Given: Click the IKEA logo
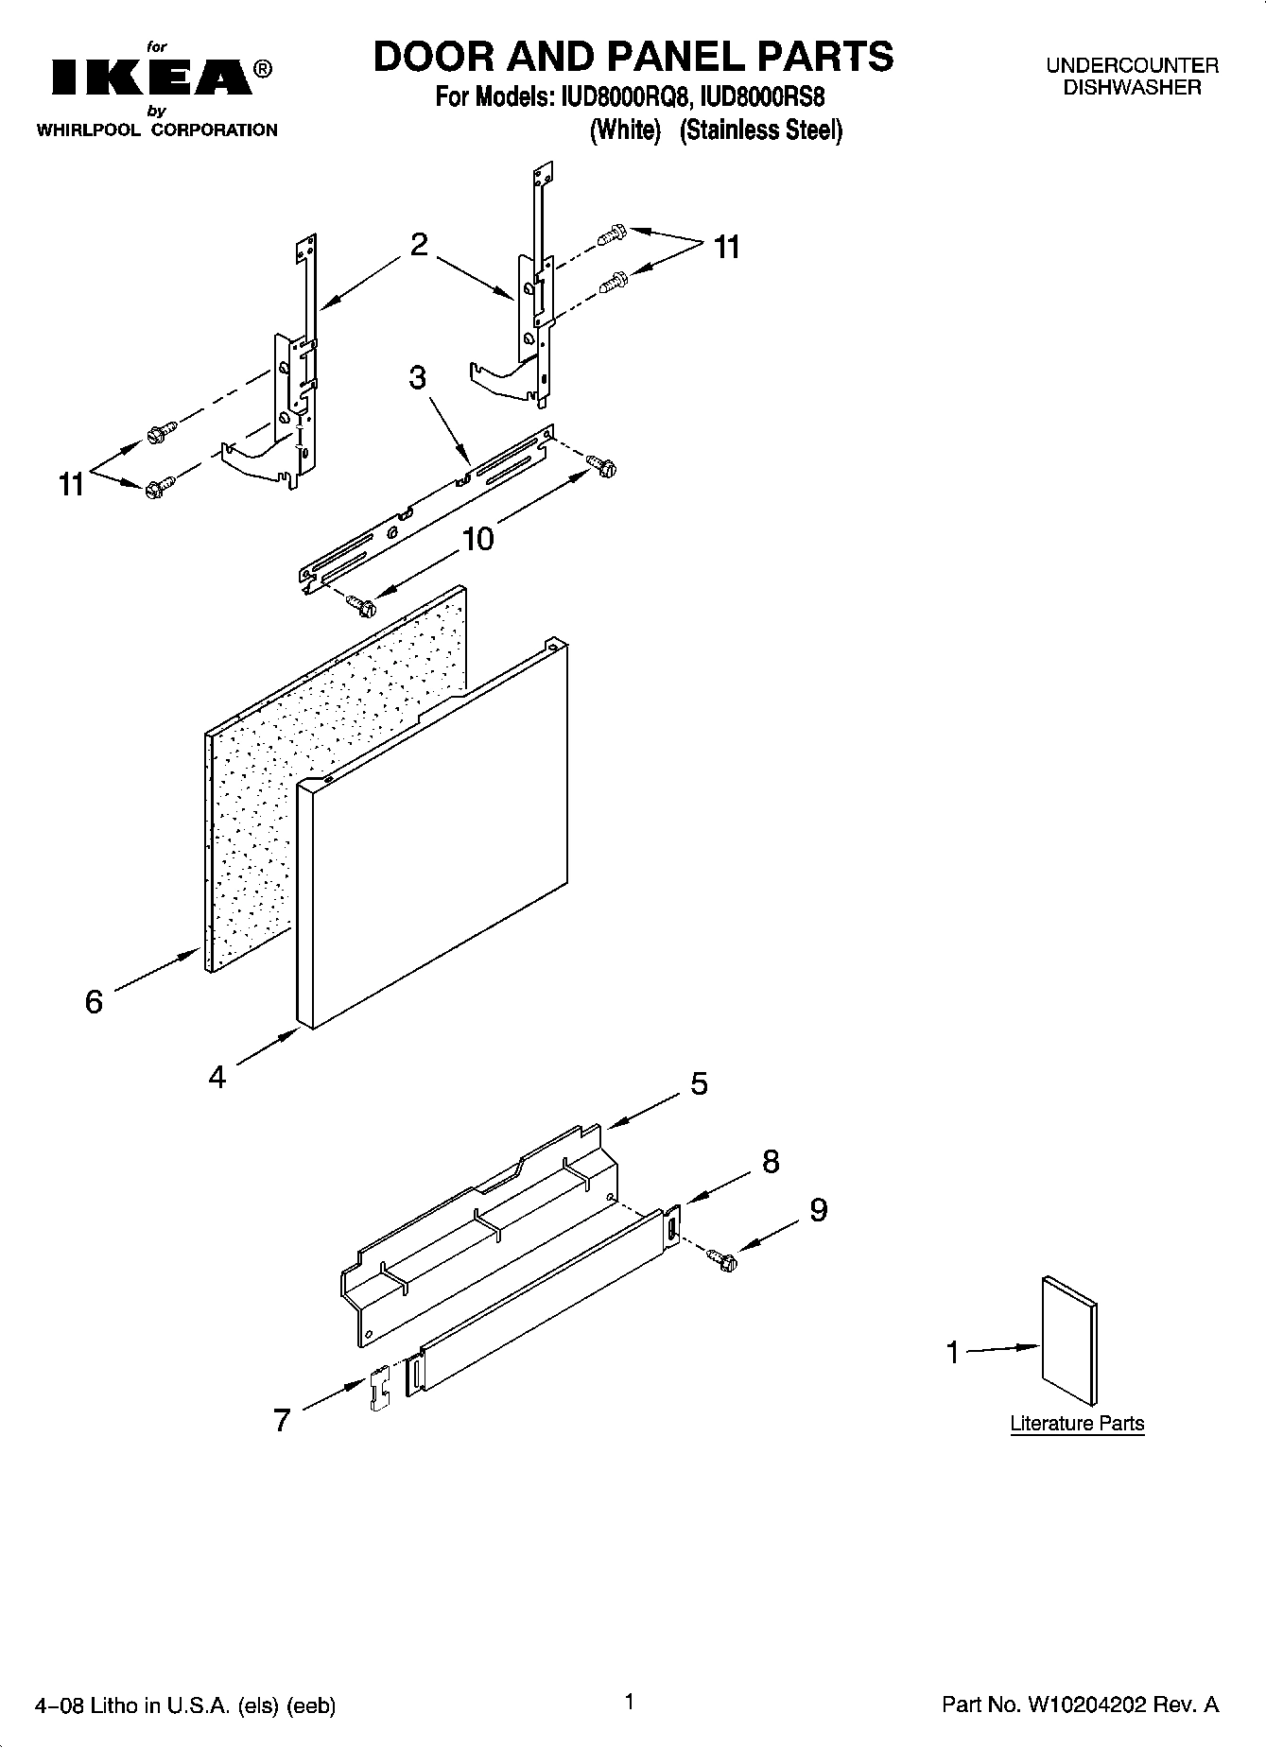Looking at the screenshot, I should [x=151, y=78].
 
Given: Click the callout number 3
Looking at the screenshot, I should [x=417, y=377].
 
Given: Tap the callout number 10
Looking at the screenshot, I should [x=477, y=540].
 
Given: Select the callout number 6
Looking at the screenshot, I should [x=94, y=1001].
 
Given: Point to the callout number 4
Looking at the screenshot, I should [x=217, y=1077].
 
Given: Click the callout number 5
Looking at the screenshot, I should [x=699, y=1083].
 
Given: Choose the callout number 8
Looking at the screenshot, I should [x=771, y=1162].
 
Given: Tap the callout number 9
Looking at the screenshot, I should [x=818, y=1210].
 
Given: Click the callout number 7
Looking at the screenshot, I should [x=281, y=1420].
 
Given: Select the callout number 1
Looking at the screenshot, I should [x=953, y=1353].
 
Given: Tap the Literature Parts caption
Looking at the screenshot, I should [x=1077, y=1424].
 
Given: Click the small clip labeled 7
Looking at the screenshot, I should [x=379, y=1389].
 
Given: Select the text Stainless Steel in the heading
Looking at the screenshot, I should [x=761, y=130].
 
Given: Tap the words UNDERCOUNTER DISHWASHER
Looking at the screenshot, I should [x=1132, y=77].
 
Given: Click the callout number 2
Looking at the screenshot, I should [x=419, y=245].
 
